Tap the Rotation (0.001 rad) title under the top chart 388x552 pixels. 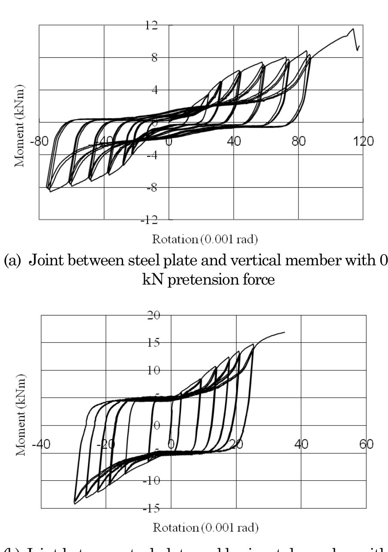(x=205, y=239)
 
